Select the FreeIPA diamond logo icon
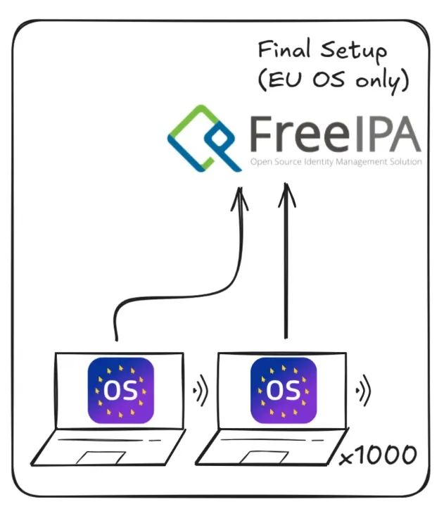(201, 139)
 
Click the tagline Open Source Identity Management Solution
(336, 163)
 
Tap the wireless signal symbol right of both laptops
(362, 389)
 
